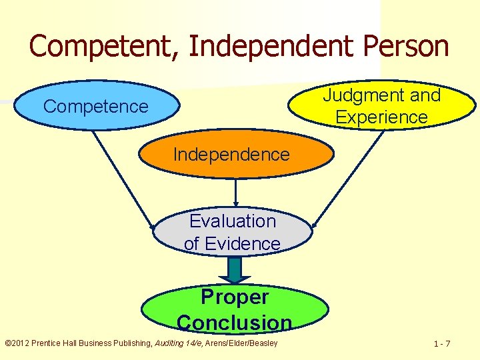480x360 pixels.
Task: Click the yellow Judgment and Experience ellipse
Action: (381, 107)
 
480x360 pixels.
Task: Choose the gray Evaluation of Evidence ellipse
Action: (233, 232)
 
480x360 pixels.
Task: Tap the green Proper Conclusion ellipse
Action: (234, 309)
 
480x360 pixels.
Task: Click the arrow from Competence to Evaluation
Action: (123, 179)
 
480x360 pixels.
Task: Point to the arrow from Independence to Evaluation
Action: (236, 191)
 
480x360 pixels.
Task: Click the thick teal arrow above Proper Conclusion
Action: (235, 269)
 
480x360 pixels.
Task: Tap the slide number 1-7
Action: (441, 344)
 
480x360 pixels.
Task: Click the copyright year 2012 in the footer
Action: (22, 343)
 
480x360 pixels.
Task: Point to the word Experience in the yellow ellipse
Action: (381, 117)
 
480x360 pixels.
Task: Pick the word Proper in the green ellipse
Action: (235, 297)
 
